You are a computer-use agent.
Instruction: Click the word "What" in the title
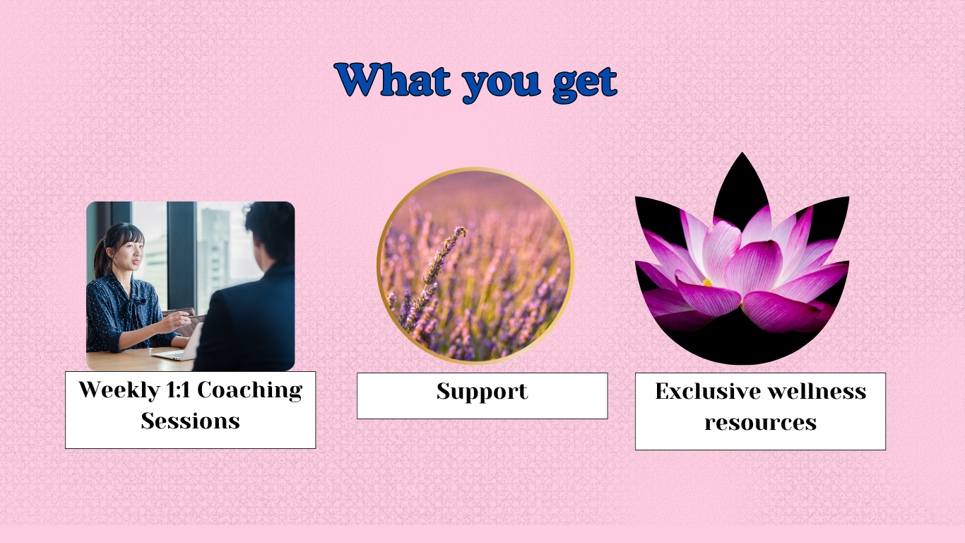[x=393, y=80]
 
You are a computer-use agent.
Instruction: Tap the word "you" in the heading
[x=502, y=86]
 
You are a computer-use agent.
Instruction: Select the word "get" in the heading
[x=585, y=86]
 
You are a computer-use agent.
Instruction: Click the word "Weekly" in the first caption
[x=119, y=391]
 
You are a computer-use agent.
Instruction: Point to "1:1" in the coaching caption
[x=178, y=390]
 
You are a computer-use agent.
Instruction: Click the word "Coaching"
[x=250, y=391]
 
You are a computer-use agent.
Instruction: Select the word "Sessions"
[x=191, y=421]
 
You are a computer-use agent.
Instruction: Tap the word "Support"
[x=482, y=392]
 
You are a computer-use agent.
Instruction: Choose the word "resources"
[x=760, y=422]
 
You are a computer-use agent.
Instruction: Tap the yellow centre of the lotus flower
[x=707, y=283]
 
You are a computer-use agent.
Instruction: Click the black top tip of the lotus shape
[x=742, y=153]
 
